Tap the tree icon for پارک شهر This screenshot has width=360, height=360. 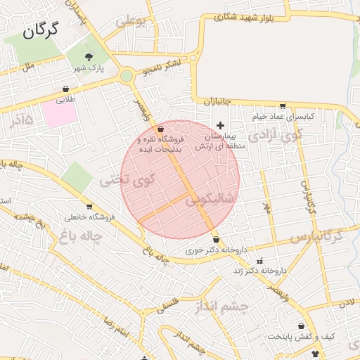click(x=89, y=58)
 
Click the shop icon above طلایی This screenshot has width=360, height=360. click(x=65, y=89)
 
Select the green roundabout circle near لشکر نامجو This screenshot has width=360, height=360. click(x=127, y=76)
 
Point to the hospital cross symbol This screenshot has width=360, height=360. click(x=220, y=124)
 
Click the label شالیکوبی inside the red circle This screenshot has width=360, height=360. click(x=210, y=200)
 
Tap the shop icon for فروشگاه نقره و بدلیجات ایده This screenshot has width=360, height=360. click(x=161, y=129)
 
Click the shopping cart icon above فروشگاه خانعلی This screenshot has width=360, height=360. click(x=89, y=206)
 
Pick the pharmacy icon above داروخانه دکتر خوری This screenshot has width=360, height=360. click(x=215, y=240)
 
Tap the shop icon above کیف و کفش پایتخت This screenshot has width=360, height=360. click(x=302, y=326)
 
